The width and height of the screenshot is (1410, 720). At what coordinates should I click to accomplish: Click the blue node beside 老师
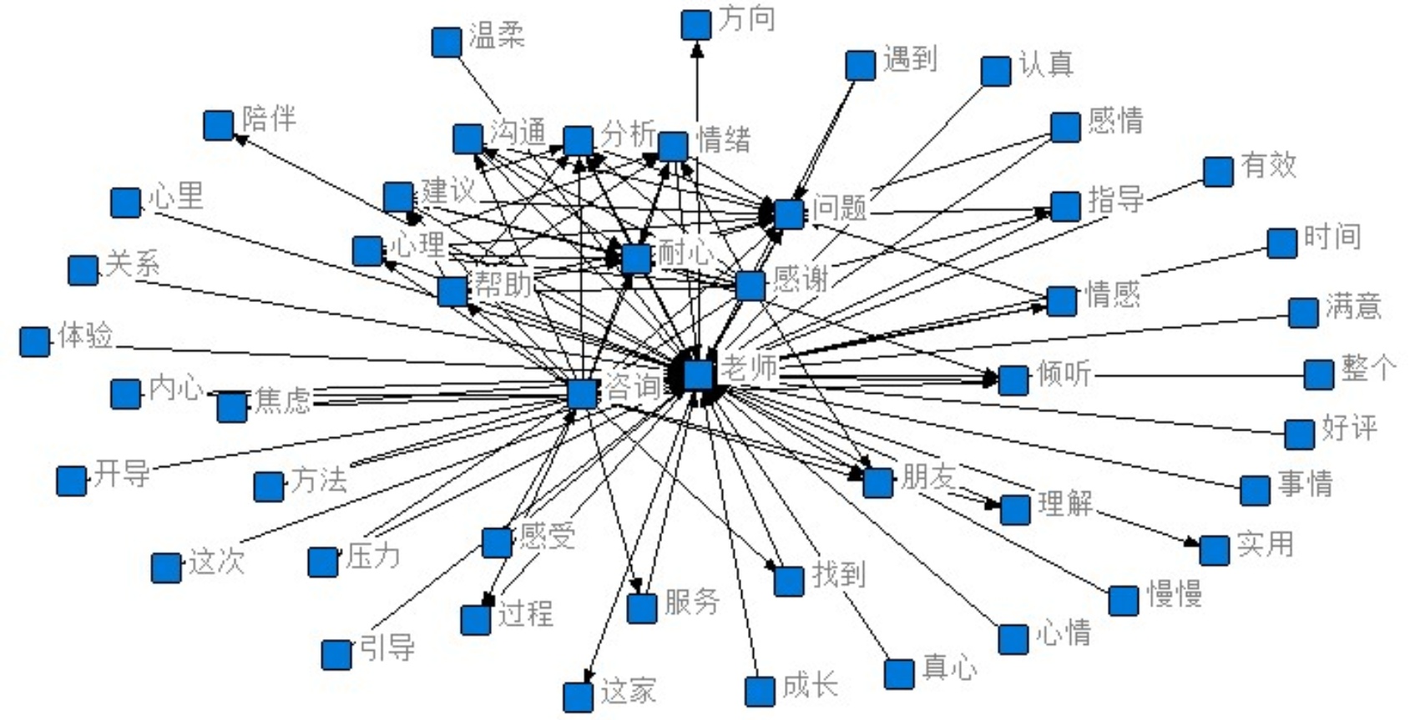tap(699, 374)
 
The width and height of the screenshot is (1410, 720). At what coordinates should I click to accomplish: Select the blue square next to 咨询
tap(582, 393)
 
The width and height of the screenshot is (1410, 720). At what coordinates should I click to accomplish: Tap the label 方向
tap(747, 19)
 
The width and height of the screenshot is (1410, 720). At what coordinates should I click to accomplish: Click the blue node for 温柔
tap(447, 42)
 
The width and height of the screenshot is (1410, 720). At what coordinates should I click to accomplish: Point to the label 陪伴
tap(269, 118)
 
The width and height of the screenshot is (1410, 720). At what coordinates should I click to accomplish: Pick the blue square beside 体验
tap(34, 340)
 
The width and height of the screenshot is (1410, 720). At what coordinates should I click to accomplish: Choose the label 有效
tap(1268, 165)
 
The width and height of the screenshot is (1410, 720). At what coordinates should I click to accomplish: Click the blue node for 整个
tap(1318, 375)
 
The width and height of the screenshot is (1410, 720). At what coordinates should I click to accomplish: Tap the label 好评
tap(1348, 428)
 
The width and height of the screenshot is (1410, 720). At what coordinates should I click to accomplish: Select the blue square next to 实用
tap(1214, 550)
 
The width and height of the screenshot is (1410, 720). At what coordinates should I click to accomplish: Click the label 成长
tap(809, 686)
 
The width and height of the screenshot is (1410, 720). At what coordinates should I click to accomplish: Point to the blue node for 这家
tap(578, 697)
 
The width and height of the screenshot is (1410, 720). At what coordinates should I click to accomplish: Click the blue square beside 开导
tap(71, 481)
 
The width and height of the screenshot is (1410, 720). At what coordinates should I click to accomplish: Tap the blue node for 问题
tap(789, 214)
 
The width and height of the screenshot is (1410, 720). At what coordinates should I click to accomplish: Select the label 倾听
tap(1064, 373)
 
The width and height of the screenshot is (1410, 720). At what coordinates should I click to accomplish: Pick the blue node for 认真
tap(995, 71)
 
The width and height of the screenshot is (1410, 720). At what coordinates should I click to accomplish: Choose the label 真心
tap(949, 667)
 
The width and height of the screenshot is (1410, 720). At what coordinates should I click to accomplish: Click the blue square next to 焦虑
tap(231, 407)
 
